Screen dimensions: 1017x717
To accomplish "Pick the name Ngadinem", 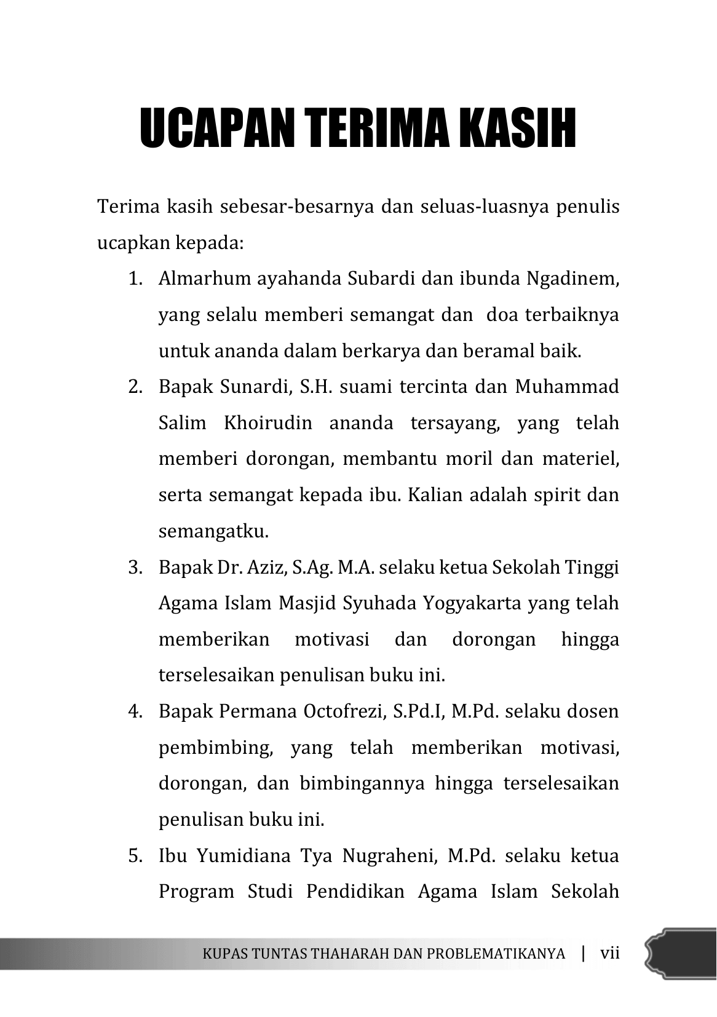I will [572, 279].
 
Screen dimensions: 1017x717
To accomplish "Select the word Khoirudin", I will [267, 424].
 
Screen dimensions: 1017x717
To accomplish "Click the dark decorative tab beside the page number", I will [681, 954].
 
